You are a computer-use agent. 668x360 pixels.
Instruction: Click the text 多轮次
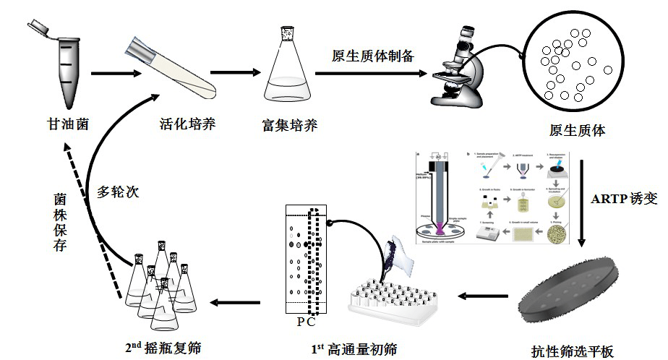pyautogui.click(x=118, y=193)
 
